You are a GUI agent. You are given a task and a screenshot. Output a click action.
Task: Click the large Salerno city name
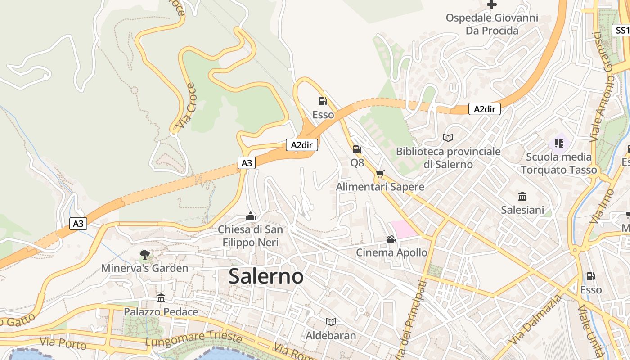[266, 276]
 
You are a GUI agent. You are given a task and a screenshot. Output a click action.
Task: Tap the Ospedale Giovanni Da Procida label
[492, 24]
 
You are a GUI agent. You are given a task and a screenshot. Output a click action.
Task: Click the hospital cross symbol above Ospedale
[492, 5]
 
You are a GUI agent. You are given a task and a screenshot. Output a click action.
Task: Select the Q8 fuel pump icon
[357, 149]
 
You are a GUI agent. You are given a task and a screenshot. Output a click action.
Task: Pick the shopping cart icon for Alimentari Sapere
[380, 174]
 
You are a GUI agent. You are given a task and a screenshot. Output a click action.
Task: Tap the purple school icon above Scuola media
[559, 144]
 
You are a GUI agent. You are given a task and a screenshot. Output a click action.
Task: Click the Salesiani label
[522, 210]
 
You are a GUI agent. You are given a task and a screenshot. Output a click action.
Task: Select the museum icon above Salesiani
[522, 197]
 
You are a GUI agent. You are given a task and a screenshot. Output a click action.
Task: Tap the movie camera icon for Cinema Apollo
[391, 239]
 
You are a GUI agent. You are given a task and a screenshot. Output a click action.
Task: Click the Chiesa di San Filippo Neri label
[251, 236]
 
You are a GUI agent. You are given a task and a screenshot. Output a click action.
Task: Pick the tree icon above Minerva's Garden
[144, 255]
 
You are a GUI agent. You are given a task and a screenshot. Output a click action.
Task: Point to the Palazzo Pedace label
[161, 311]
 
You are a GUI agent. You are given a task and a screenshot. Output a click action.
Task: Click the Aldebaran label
[331, 335]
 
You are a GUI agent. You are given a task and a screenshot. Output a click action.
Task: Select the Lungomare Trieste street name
[193, 339]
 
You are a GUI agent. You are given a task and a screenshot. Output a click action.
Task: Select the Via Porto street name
[63, 343]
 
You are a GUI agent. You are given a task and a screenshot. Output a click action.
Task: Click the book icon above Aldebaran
[331, 322]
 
